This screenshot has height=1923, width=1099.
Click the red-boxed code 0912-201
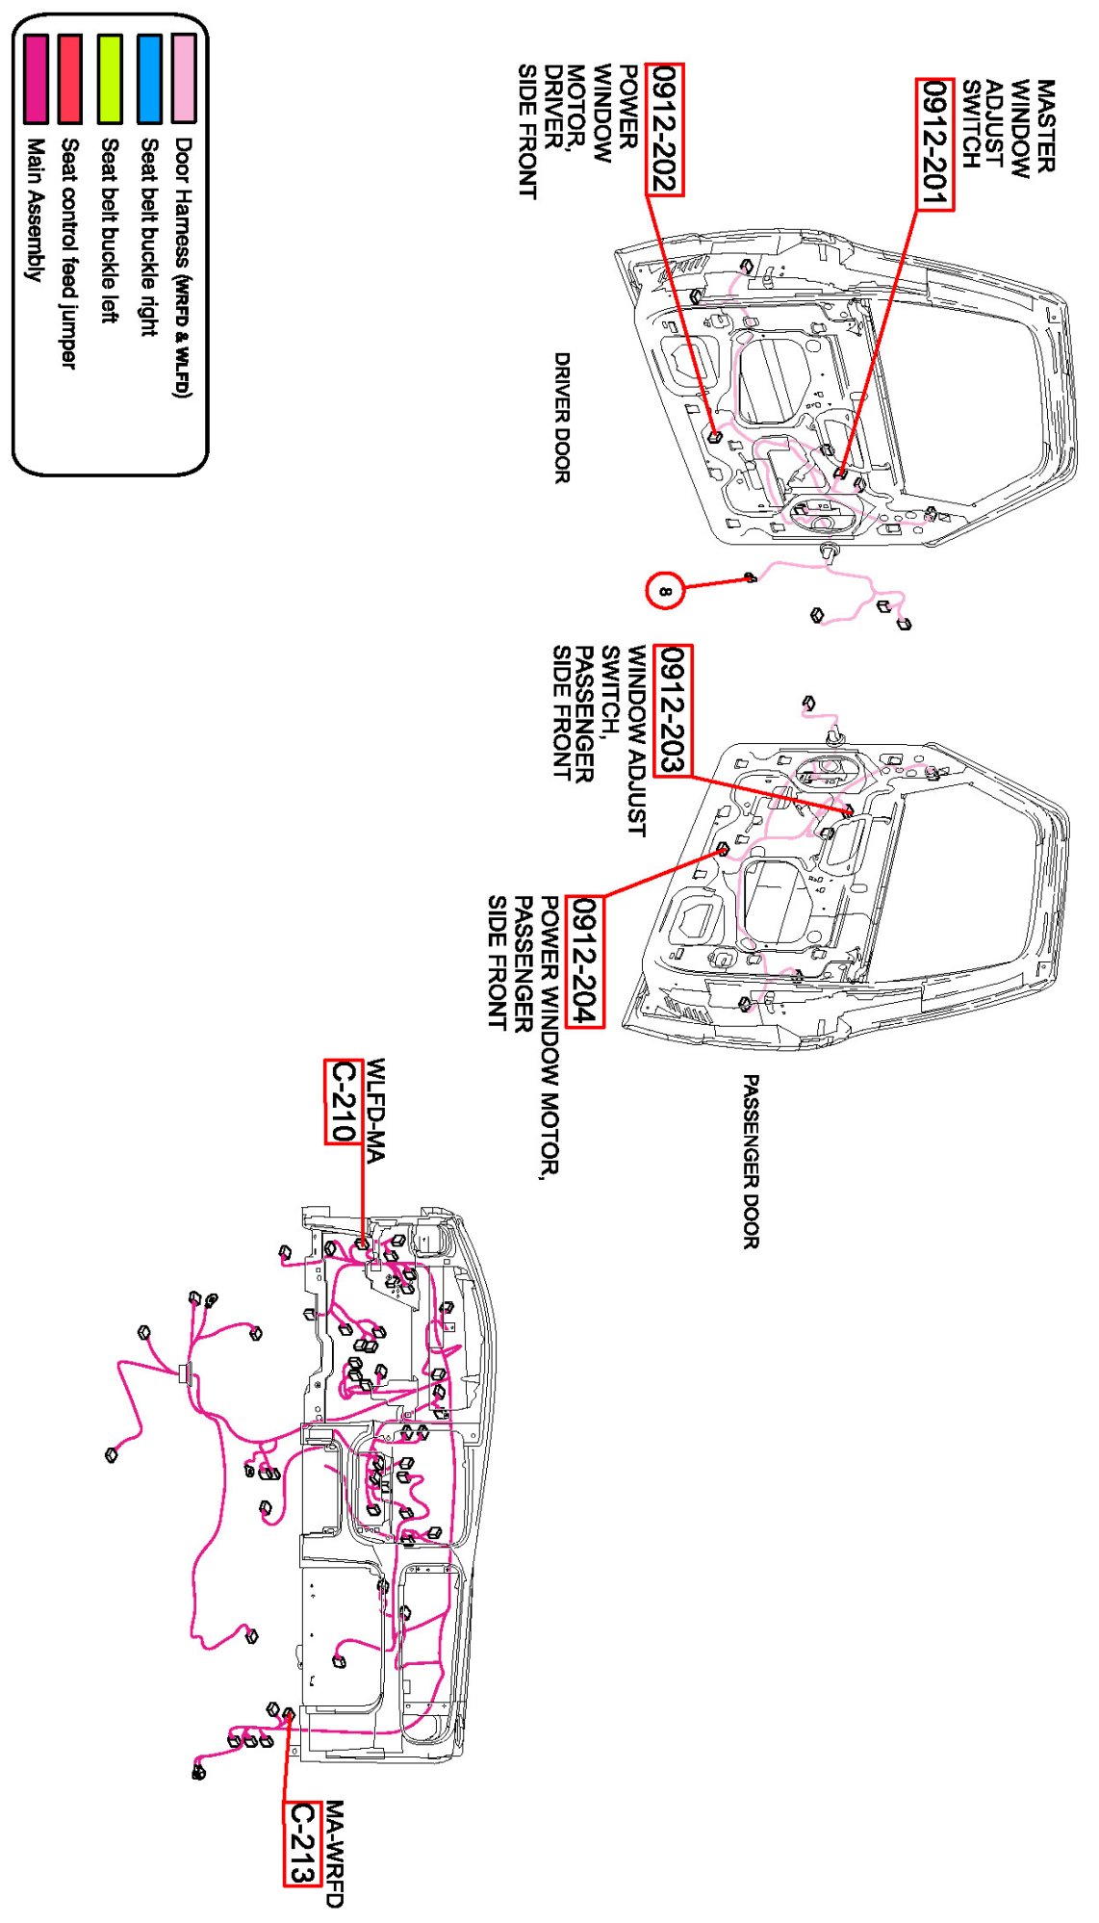934,144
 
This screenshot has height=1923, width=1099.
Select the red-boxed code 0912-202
665,130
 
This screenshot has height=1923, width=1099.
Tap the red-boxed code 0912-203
672,710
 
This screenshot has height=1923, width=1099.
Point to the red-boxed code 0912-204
584,961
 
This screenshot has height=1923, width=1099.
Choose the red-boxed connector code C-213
302,1842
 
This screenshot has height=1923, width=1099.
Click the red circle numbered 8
665,590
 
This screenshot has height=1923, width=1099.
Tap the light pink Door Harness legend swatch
184,78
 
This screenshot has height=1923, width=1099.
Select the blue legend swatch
149,78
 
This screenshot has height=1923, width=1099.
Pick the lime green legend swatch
110,78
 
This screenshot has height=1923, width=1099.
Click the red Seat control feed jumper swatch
69,78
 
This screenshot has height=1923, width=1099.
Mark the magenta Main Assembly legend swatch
36,78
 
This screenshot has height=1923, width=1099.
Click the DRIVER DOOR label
562,417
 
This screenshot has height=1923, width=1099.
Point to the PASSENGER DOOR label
751,1162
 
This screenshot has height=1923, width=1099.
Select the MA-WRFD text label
334,1854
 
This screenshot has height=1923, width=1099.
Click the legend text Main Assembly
35,209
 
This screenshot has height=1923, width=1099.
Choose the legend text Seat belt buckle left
109,230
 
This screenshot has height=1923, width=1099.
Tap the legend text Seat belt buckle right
148,237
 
